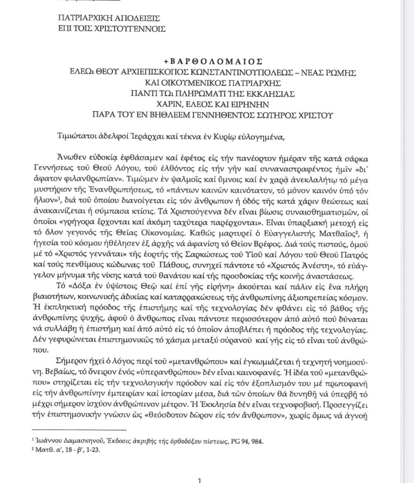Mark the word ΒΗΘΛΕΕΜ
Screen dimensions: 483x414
click(x=196, y=114)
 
